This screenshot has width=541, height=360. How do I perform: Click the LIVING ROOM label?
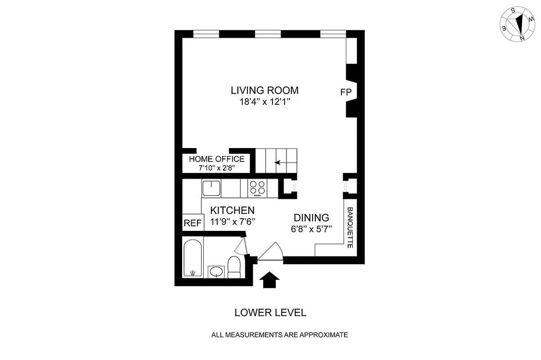click(x=264, y=90)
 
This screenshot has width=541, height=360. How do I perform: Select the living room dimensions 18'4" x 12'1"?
click(x=264, y=102)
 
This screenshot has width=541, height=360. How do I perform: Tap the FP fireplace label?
click(x=345, y=92)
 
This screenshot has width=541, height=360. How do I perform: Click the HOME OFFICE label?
click(x=217, y=159)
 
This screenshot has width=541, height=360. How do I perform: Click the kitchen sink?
click(x=210, y=187)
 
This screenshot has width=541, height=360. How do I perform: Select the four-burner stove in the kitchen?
click(x=258, y=188)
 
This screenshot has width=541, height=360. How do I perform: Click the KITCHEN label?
click(x=232, y=210)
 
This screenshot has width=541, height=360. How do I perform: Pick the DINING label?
click(x=311, y=217)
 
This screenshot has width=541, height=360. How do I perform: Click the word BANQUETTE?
click(x=350, y=228)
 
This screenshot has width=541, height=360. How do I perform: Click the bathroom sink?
click(x=217, y=271)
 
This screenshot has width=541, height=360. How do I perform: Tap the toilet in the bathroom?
click(x=234, y=267)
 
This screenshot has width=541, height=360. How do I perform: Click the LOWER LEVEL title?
click(x=270, y=313)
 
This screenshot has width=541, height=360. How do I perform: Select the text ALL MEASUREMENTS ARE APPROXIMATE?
click(x=280, y=335)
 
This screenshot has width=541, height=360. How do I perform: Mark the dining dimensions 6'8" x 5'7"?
click(x=311, y=229)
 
